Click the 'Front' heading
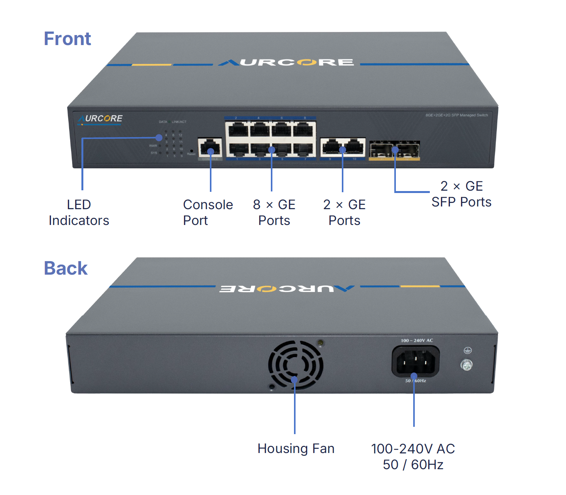(x=67, y=39)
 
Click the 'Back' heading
(x=66, y=268)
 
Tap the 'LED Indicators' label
(x=79, y=213)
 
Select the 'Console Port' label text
(x=208, y=213)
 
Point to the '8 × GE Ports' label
(x=274, y=213)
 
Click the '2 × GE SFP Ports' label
(x=461, y=194)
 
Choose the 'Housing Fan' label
(x=296, y=449)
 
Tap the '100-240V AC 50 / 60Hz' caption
(x=413, y=457)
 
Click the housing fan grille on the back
(x=296, y=364)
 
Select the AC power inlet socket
(x=416, y=361)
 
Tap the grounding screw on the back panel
(x=466, y=365)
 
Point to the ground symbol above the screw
(x=468, y=351)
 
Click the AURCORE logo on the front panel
(x=100, y=119)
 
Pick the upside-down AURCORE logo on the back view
(x=287, y=289)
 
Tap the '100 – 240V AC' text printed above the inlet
(x=417, y=341)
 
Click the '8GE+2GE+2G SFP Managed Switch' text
(x=456, y=115)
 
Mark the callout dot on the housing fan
(x=294, y=380)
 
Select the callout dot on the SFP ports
(x=395, y=149)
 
